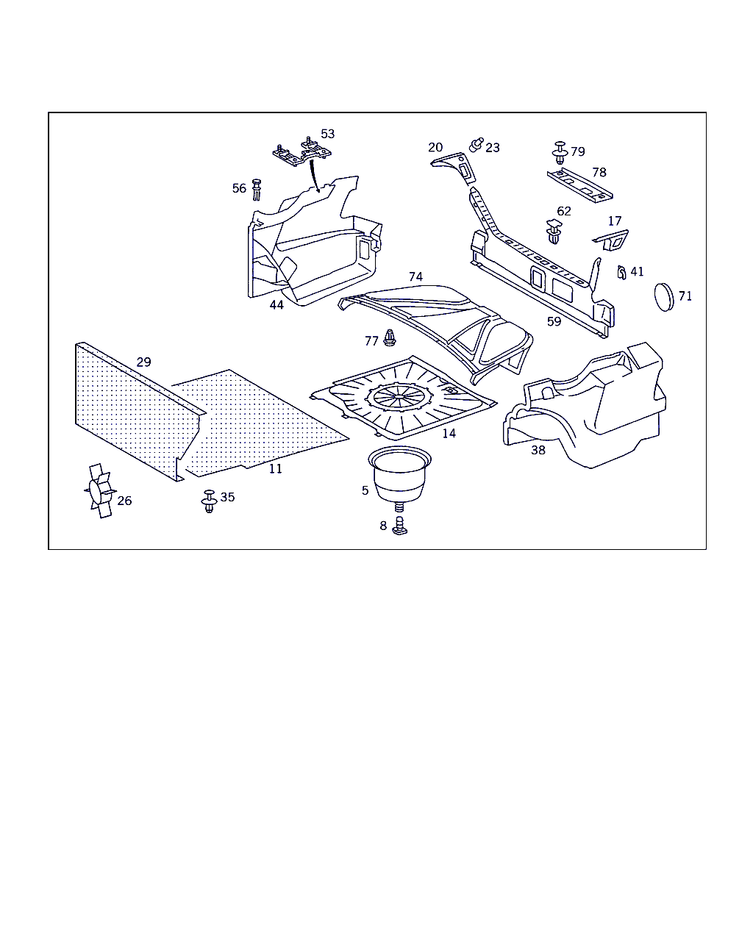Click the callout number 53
[327, 134]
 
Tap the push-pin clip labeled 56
[257, 189]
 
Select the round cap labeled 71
[664, 296]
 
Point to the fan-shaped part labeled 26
[99, 490]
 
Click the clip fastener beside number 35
[209, 501]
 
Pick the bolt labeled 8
[400, 526]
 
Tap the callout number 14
[449, 434]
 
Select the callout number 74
[415, 277]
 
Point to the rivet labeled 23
[476, 144]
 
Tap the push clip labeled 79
[560, 151]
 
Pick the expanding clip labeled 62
[554, 232]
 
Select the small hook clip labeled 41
[621, 272]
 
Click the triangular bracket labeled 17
[612, 239]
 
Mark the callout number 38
[538, 450]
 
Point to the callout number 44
[276, 304]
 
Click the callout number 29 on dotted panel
[143, 362]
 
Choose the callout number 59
[554, 321]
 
